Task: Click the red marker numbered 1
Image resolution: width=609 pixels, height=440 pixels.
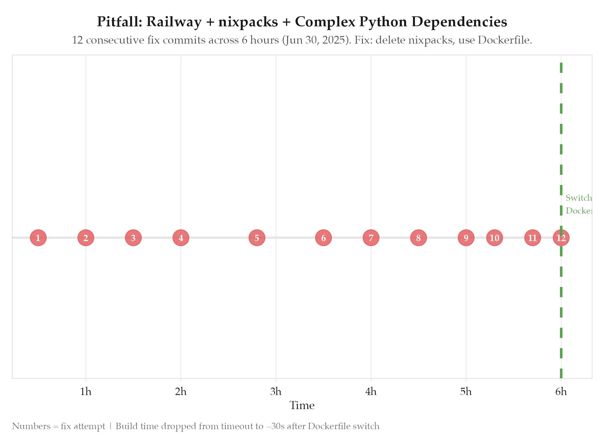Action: pos(38,238)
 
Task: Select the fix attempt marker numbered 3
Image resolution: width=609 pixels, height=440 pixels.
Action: pos(133,238)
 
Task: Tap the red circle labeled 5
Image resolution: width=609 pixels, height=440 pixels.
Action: pos(257,238)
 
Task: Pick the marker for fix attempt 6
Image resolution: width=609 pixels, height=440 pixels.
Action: pos(324,238)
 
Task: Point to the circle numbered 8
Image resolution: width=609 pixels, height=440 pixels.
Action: pos(418,238)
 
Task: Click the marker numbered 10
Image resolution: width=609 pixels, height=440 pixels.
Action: pos(494,238)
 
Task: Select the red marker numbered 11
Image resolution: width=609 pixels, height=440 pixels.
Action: pos(532,238)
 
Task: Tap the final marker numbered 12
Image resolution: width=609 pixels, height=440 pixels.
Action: pos(561,238)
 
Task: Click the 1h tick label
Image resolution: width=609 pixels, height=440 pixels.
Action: pos(86,392)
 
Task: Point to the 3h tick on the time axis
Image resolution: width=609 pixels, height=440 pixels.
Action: pos(276,392)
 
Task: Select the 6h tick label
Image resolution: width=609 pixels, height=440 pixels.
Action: pos(561,392)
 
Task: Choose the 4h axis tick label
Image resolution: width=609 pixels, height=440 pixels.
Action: pos(371,392)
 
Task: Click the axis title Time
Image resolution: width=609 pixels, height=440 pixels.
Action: pos(302,406)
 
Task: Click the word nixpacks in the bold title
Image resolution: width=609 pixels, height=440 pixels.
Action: pos(248,22)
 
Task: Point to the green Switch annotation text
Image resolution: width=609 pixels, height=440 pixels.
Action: pos(579,198)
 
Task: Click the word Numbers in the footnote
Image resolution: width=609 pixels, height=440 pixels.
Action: pos(31,426)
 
